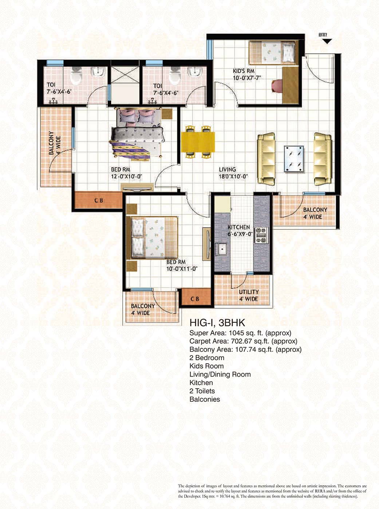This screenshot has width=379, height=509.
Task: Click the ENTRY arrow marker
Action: pyautogui.click(x=327, y=41)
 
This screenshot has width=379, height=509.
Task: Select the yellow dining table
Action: pyautogui.click(x=198, y=142)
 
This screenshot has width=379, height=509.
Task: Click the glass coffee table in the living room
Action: pyautogui.click(x=294, y=158)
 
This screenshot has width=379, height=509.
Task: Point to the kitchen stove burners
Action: pyautogui.click(x=261, y=235)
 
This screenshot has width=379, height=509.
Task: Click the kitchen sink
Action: pyautogui.click(x=221, y=249)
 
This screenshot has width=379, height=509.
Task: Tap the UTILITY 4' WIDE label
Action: pyautogui.click(x=249, y=295)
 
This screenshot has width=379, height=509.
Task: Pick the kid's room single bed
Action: pyautogui.click(x=272, y=53)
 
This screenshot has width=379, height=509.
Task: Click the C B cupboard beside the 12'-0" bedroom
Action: pyautogui.click(x=98, y=200)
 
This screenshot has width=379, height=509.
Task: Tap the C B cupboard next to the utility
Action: pyautogui.click(x=195, y=298)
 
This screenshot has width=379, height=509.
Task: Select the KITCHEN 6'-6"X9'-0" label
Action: pyautogui.click(x=239, y=231)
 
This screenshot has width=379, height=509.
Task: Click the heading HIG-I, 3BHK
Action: pyautogui.click(x=217, y=322)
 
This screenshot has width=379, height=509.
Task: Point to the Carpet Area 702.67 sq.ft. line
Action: pyautogui.click(x=243, y=341)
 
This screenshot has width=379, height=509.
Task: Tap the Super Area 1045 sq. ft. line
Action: pyautogui.click(x=240, y=333)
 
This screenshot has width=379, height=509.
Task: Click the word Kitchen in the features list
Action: pyautogui.click(x=201, y=382)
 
